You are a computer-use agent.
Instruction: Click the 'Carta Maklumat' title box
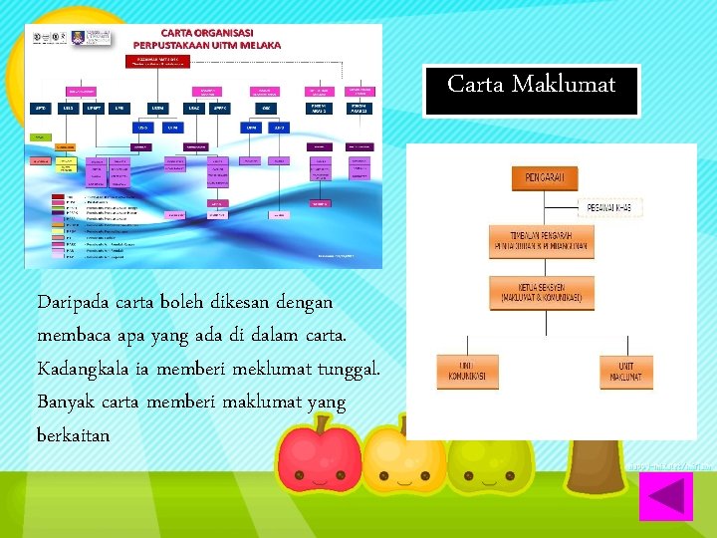tap(531, 86)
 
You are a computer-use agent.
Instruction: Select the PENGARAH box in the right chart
tap(544, 178)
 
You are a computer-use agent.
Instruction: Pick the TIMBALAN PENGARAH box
tap(541, 242)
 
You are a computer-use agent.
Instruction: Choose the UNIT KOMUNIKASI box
tap(466, 373)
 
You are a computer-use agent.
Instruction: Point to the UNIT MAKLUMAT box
tap(624, 373)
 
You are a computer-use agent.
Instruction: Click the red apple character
tap(319, 454)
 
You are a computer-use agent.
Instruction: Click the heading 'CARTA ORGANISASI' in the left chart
tap(207, 33)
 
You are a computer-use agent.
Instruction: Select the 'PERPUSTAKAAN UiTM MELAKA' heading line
tap(207, 45)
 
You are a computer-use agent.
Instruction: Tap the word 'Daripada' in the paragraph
tap(73, 301)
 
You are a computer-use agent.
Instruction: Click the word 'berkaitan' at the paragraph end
tap(73, 435)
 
